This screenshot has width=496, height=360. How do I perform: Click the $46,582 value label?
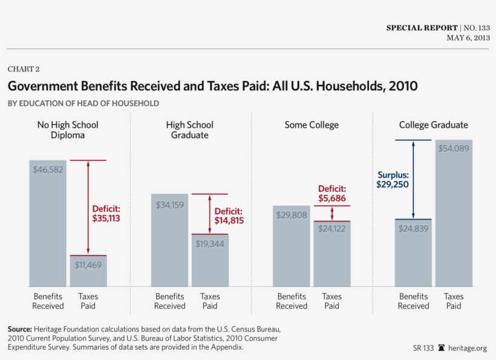(x=48, y=170)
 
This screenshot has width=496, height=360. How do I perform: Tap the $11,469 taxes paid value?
(x=88, y=265)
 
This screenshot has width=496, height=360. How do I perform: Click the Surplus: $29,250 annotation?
(x=393, y=180)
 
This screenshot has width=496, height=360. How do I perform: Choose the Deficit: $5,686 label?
(x=332, y=194)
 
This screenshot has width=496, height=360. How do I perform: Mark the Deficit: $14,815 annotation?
(x=229, y=216)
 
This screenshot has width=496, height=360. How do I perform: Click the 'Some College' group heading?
(x=312, y=125)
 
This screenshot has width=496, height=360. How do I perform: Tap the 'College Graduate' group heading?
(x=433, y=125)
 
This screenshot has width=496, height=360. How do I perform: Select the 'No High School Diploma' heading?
(x=68, y=130)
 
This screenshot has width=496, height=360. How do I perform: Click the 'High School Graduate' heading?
(x=190, y=130)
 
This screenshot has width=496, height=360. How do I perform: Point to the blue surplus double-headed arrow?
(x=413, y=180)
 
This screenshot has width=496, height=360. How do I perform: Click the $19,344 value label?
(x=210, y=244)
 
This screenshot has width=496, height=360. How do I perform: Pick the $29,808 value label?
(x=292, y=215)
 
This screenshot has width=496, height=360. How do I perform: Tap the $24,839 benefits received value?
(x=413, y=228)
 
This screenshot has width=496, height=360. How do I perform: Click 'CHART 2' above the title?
(x=24, y=69)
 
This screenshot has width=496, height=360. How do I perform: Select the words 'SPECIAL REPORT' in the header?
(x=421, y=28)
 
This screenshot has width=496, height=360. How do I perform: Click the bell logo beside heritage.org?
(x=442, y=348)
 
